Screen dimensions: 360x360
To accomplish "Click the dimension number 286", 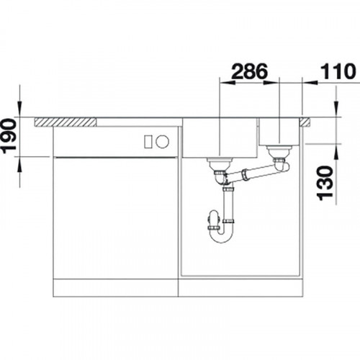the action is pyautogui.click(x=249, y=71).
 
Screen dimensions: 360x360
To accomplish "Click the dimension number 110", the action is pyautogui.click(x=338, y=71).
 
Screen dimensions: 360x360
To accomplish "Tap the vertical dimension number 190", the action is pyautogui.click(x=9, y=135).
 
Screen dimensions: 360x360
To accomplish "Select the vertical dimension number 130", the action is pyautogui.click(x=325, y=183).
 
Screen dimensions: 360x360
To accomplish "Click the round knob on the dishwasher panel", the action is pyautogui.click(x=162, y=141).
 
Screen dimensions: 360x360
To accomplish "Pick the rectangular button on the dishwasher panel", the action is pyautogui.click(x=148, y=142).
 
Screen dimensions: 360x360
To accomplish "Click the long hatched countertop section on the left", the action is pyautogui.click(x=66, y=122).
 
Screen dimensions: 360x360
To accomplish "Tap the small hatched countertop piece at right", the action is pyautogui.click(x=305, y=122).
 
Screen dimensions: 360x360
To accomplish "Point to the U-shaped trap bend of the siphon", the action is pyautogui.click(x=221, y=234).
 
